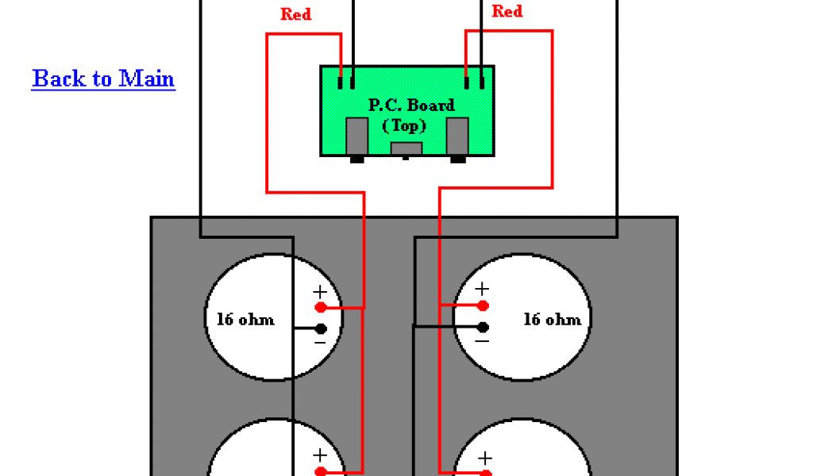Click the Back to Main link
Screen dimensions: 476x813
point(103,79)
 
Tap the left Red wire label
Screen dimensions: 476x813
point(295,14)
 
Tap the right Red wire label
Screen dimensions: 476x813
point(507,11)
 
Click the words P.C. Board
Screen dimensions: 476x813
point(411,105)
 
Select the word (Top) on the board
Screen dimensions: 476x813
point(404,125)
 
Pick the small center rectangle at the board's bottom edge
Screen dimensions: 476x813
point(406,148)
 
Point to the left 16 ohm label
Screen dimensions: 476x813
point(245,320)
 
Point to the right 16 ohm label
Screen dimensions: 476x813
point(552,320)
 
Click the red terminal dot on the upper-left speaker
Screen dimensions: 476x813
point(320,306)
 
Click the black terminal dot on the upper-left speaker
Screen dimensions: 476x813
point(320,328)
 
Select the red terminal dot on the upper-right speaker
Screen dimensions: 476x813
point(483,305)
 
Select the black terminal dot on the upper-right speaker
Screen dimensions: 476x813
point(483,327)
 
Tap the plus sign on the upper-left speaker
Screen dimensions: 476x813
point(320,290)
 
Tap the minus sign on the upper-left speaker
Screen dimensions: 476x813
point(319,342)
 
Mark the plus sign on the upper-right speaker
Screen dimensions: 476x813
point(482,290)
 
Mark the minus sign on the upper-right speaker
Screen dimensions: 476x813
point(482,341)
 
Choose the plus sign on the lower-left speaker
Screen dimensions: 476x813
point(320,455)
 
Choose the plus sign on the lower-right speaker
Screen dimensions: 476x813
point(484,458)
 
